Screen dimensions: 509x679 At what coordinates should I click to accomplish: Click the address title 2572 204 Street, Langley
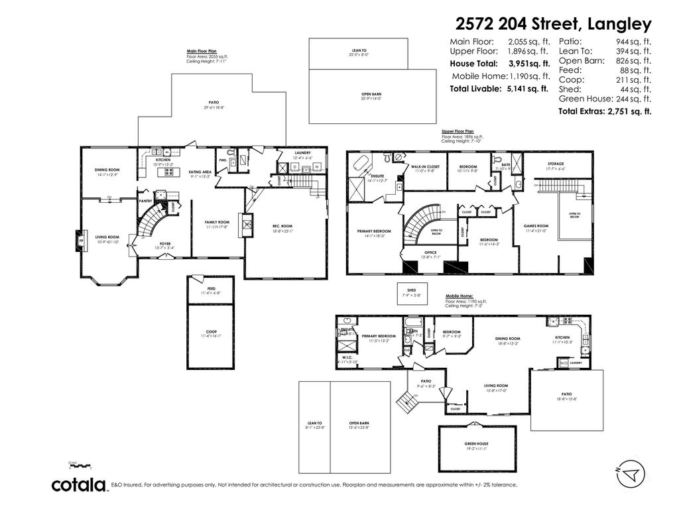(553, 25)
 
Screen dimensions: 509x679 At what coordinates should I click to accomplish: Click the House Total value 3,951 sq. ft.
(528, 64)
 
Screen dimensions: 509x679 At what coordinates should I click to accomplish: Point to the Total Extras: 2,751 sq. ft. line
(605, 111)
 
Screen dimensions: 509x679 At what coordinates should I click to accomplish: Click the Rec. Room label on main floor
(282, 227)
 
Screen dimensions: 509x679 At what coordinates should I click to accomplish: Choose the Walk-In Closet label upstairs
(425, 168)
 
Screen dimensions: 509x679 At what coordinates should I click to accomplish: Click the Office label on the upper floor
(430, 253)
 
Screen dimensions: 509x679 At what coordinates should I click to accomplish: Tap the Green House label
(477, 445)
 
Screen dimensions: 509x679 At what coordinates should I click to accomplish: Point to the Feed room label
(210, 290)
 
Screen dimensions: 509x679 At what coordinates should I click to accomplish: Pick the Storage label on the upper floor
(556, 164)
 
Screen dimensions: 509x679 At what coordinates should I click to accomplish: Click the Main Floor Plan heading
(202, 51)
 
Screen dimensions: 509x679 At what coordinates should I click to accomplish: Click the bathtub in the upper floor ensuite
(362, 163)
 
